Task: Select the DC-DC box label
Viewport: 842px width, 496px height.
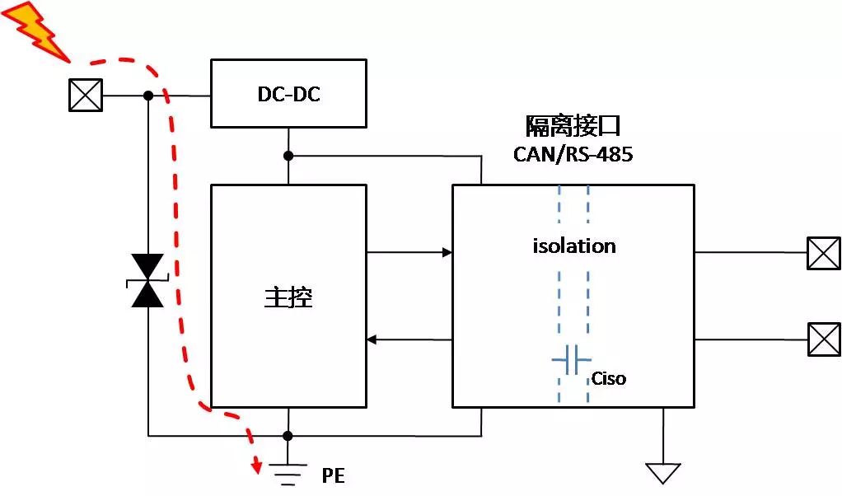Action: tap(288, 94)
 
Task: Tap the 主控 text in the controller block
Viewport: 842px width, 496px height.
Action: tap(288, 297)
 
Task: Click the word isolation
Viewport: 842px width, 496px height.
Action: tap(573, 246)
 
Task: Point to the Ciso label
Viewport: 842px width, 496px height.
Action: tap(608, 379)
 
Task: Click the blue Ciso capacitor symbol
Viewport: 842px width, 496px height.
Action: tap(573, 360)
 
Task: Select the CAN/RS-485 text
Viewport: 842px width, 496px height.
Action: tap(573, 154)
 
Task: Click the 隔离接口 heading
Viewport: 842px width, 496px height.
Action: tap(573, 126)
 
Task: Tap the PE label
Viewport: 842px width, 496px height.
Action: tap(333, 476)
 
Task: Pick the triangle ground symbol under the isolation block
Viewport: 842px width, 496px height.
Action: tap(663, 473)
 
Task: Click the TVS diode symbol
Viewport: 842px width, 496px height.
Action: tap(148, 280)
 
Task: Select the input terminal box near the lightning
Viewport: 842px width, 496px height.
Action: tap(85, 96)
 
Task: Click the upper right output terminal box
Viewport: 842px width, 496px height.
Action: tap(824, 253)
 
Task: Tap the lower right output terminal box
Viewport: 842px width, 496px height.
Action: tap(824, 339)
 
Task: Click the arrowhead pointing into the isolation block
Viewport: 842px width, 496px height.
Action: tap(447, 253)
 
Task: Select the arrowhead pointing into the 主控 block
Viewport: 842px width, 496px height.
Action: tap(372, 339)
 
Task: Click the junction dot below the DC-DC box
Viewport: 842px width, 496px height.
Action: tap(288, 156)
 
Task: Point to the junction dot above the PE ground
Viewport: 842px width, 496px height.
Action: tap(288, 435)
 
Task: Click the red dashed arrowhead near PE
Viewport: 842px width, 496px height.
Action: tap(257, 467)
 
